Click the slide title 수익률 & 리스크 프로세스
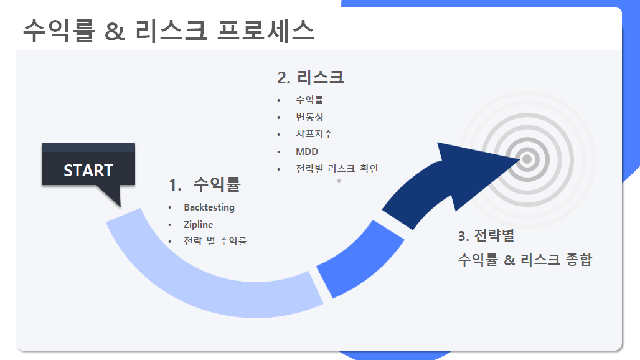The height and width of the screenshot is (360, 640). (168, 31)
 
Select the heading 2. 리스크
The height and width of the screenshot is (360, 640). (311, 77)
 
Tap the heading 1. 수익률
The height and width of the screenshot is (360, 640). (204, 184)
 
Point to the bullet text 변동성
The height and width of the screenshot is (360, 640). (309, 117)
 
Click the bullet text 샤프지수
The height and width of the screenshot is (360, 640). (314, 134)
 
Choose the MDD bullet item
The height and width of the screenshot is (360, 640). (306, 152)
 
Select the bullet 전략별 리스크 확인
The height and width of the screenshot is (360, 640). (337, 169)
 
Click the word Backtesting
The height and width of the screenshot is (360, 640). (209, 207)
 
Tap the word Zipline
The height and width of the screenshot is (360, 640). (198, 224)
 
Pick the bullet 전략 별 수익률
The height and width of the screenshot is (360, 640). (215, 241)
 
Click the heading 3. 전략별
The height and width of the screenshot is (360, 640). (486, 236)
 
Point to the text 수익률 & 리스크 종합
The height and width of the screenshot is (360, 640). (524, 260)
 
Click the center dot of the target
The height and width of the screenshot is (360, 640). (527, 159)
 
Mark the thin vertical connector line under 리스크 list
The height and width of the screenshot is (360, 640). (339, 209)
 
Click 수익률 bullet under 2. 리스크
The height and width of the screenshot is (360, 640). (309, 100)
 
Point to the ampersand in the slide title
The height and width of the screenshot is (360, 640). (115, 31)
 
